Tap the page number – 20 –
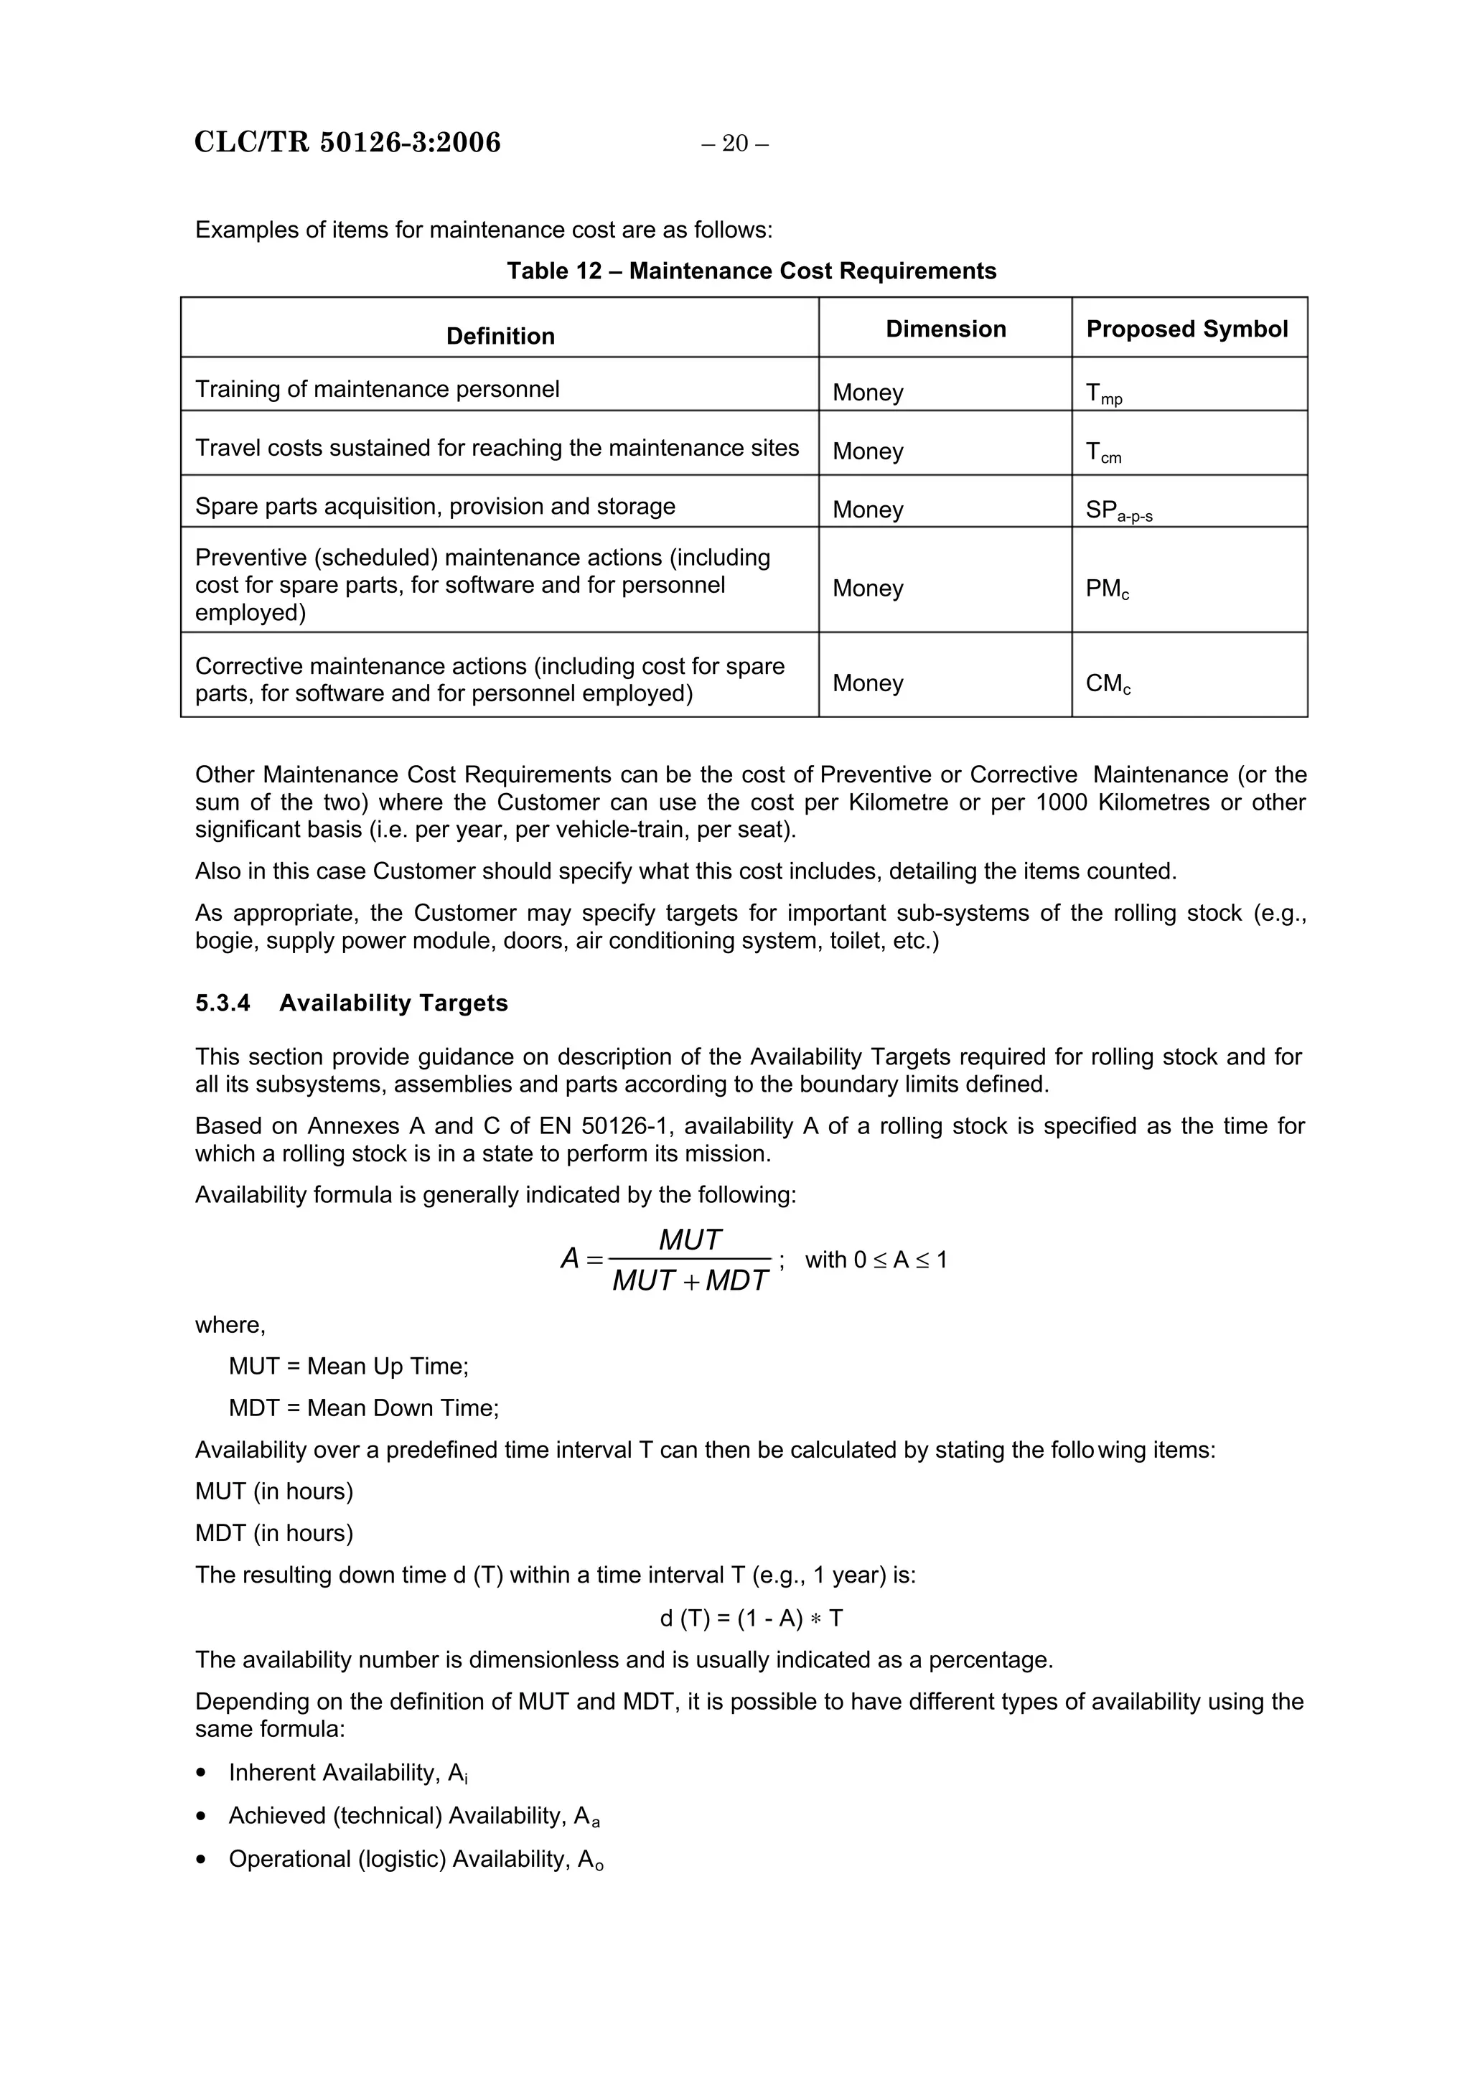point(734,143)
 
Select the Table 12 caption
point(751,271)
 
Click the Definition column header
point(500,336)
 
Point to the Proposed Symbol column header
point(1186,329)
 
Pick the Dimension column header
point(945,329)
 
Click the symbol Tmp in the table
point(1103,393)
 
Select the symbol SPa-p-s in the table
point(1118,511)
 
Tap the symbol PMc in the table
point(1107,589)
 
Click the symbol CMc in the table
point(1108,683)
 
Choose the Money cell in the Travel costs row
point(868,451)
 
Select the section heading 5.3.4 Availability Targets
point(352,1003)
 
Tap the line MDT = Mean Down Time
point(363,1407)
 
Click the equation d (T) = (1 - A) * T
point(751,1618)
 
